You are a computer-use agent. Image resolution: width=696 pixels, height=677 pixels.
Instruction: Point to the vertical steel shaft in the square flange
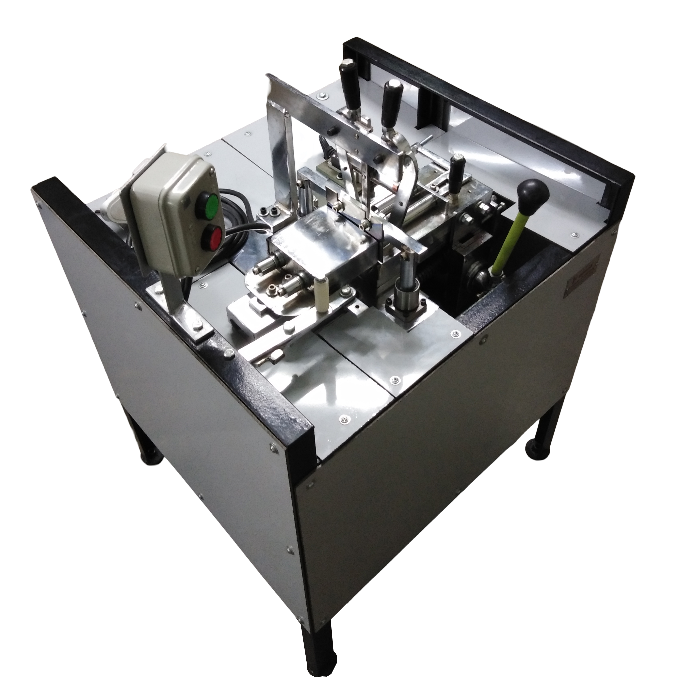(406, 278)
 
